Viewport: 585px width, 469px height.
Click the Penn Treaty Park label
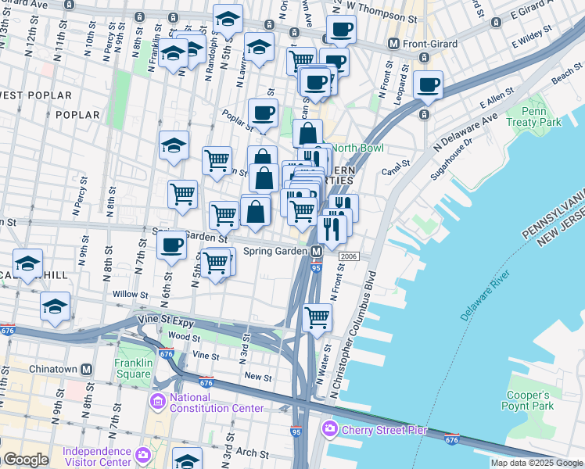pos(533,117)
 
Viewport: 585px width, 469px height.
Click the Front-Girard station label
pos(429,44)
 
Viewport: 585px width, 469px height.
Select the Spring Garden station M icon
pos(316,252)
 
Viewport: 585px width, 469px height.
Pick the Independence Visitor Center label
pos(98,456)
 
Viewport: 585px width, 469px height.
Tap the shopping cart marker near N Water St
pos(317,317)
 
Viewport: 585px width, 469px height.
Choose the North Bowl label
pos(357,148)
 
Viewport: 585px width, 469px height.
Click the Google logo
pos(27,460)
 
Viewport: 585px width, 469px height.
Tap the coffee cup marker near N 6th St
pos(171,245)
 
